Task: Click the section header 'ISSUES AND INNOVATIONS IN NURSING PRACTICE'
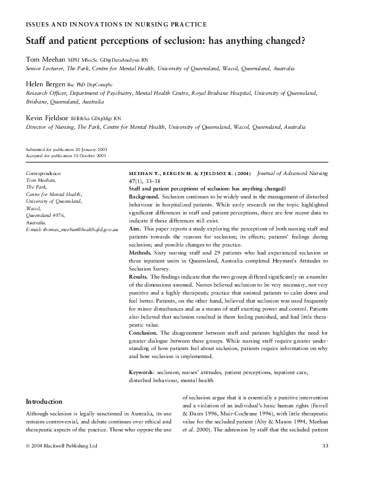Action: tap(115, 25)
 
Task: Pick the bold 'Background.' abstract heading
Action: tap(144, 195)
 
